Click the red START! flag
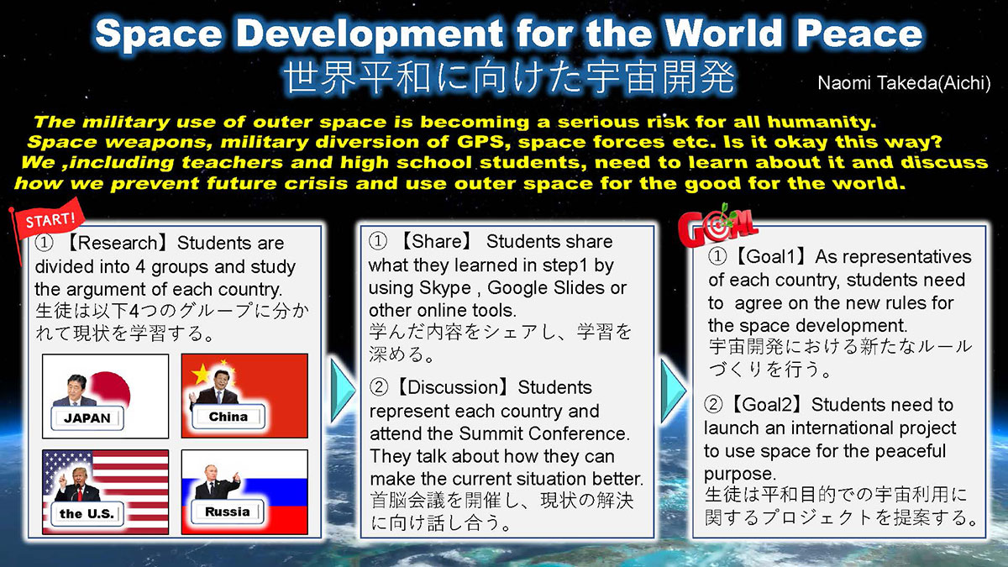pyautogui.click(x=49, y=220)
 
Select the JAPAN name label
pyautogui.click(x=87, y=418)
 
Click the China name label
pyautogui.click(x=228, y=417)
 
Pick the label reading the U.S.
pyautogui.click(x=87, y=514)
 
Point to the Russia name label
pyautogui.click(x=228, y=512)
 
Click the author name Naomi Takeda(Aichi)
pyautogui.click(x=904, y=83)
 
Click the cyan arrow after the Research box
pyautogui.click(x=343, y=391)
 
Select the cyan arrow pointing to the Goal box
pyautogui.click(x=673, y=391)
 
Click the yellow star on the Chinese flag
pyautogui.click(x=201, y=374)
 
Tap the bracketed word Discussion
pyautogui.click(x=452, y=387)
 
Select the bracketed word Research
pyautogui.click(x=118, y=243)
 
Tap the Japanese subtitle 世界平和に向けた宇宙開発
pyautogui.click(x=508, y=77)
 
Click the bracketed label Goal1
pyautogui.click(x=772, y=256)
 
